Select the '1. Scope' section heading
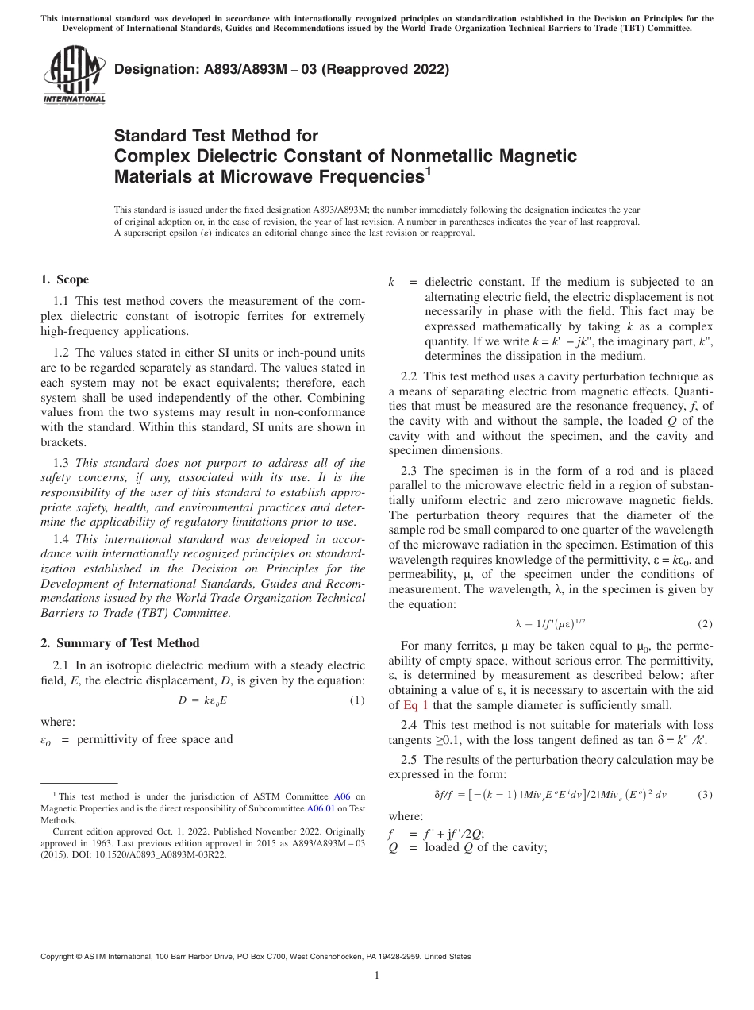[64, 279]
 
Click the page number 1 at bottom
[377, 976]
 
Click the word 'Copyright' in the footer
[60, 957]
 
